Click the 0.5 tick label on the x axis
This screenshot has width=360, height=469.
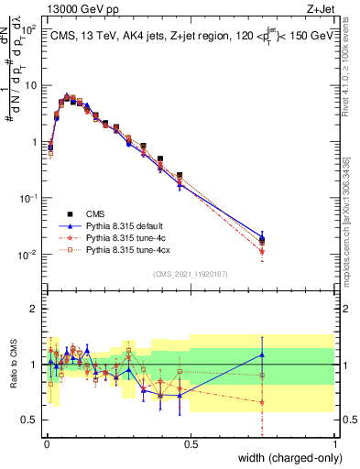[191, 444]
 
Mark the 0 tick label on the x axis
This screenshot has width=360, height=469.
[47, 444]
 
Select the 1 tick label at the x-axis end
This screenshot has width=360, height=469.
[334, 444]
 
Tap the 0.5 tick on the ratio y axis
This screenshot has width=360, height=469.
[31, 420]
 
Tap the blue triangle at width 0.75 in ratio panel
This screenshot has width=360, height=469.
[263, 355]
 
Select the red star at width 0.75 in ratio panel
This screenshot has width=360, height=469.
[263, 402]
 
